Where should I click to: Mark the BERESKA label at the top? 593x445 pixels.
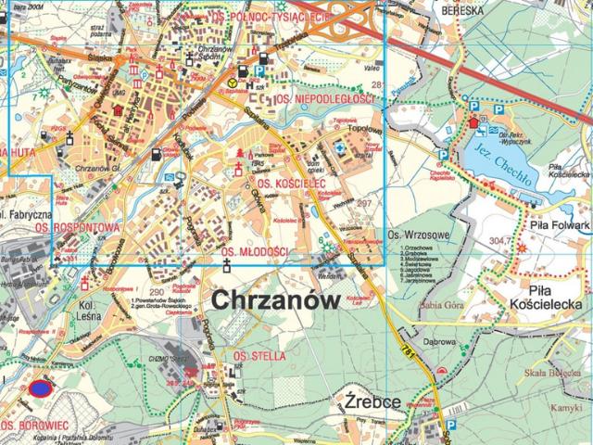(x=464, y=9)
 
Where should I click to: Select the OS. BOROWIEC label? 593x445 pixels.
(x=32, y=426)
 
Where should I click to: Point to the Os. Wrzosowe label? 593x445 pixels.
(x=414, y=235)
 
